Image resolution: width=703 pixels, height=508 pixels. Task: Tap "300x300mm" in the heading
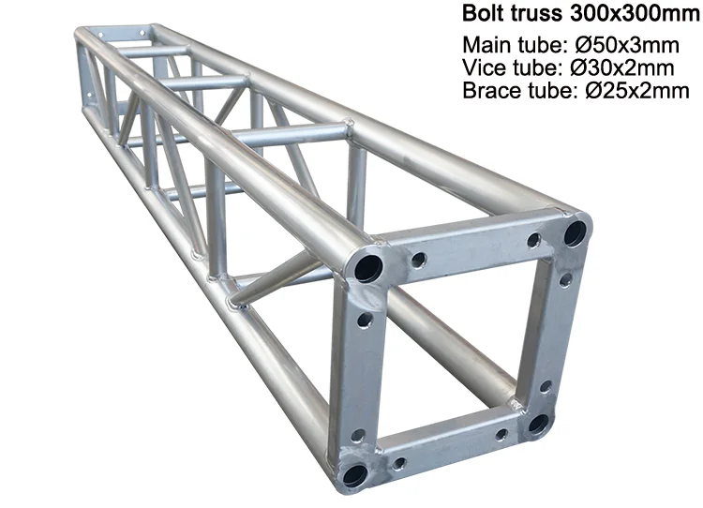tap(635, 13)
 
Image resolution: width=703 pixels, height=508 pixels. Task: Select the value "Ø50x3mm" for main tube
tap(627, 45)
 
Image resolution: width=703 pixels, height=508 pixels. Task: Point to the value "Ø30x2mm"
tap(621, 67)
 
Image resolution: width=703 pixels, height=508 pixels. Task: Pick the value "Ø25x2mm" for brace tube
tap(637, 91)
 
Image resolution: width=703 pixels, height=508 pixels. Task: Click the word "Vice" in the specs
tap(486, 67)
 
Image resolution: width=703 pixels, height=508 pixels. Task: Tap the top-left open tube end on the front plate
tap(368, 267)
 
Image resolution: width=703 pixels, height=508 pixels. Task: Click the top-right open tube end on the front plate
tap(575, 233)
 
